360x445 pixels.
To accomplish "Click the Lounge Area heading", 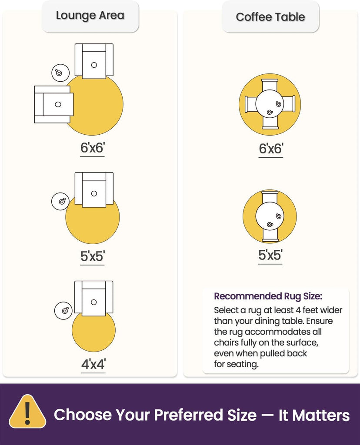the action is click(90, 16).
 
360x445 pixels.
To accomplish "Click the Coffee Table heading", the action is click(270, 17).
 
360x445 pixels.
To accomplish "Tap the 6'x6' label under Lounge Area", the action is click(93, 148).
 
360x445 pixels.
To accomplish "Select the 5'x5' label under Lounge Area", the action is click(93, 256).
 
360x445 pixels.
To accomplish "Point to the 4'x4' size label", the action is click(93, 364).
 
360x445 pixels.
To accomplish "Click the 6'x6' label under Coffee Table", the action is click(271, 149).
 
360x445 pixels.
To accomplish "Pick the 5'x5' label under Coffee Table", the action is click(270, 255).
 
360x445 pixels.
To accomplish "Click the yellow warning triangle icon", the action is click(27, 412).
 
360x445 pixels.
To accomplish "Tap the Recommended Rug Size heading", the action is click(268, 296).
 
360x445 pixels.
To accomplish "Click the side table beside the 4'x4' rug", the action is click(63, 310).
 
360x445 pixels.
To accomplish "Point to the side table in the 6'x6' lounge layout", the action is click(60, 73).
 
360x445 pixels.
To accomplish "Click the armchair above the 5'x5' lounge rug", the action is click(94, 189).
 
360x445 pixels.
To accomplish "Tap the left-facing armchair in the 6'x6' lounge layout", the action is click(54, 104).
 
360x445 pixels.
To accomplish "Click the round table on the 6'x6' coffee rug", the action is click(270, 104).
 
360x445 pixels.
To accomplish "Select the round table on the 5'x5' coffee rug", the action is click(270, 216).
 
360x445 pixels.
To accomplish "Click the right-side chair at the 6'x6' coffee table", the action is click(289, 104).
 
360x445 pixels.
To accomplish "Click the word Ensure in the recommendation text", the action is click(320, 321).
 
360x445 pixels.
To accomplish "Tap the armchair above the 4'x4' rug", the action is click(93, 298).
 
